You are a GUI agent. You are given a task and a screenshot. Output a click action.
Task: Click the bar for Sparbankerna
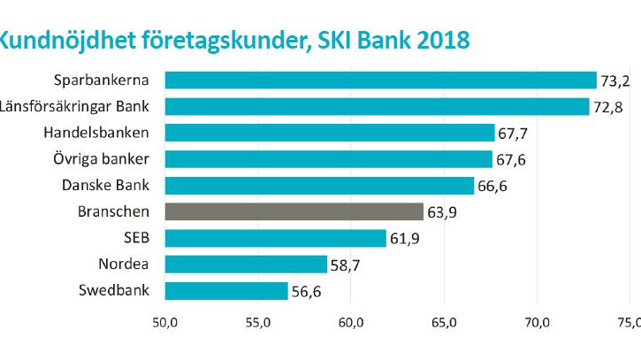pyautogui.click(x=380, y=80)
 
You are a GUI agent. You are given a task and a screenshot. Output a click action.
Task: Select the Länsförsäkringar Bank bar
pyautogui.click(x=377, y=107)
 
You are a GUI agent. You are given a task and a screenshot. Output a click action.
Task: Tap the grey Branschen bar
pyautogui.click(x=294, y=211)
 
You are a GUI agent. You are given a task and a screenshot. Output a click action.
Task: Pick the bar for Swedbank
pyautogui.click(x=226, y=291)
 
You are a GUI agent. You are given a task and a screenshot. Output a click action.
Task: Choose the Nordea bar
pyautogui.click(x=246, y=264)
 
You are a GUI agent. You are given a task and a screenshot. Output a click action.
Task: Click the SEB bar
pyautogui.click(x=276, y=238)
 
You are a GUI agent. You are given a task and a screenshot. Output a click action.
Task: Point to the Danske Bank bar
pyautogui.click(x=319, y=186)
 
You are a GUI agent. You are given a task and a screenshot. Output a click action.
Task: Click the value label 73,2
pyautogui.click(x=617, y=81)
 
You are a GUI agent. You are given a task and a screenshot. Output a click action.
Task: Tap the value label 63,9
pyautogui.click(x=445, y=212)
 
